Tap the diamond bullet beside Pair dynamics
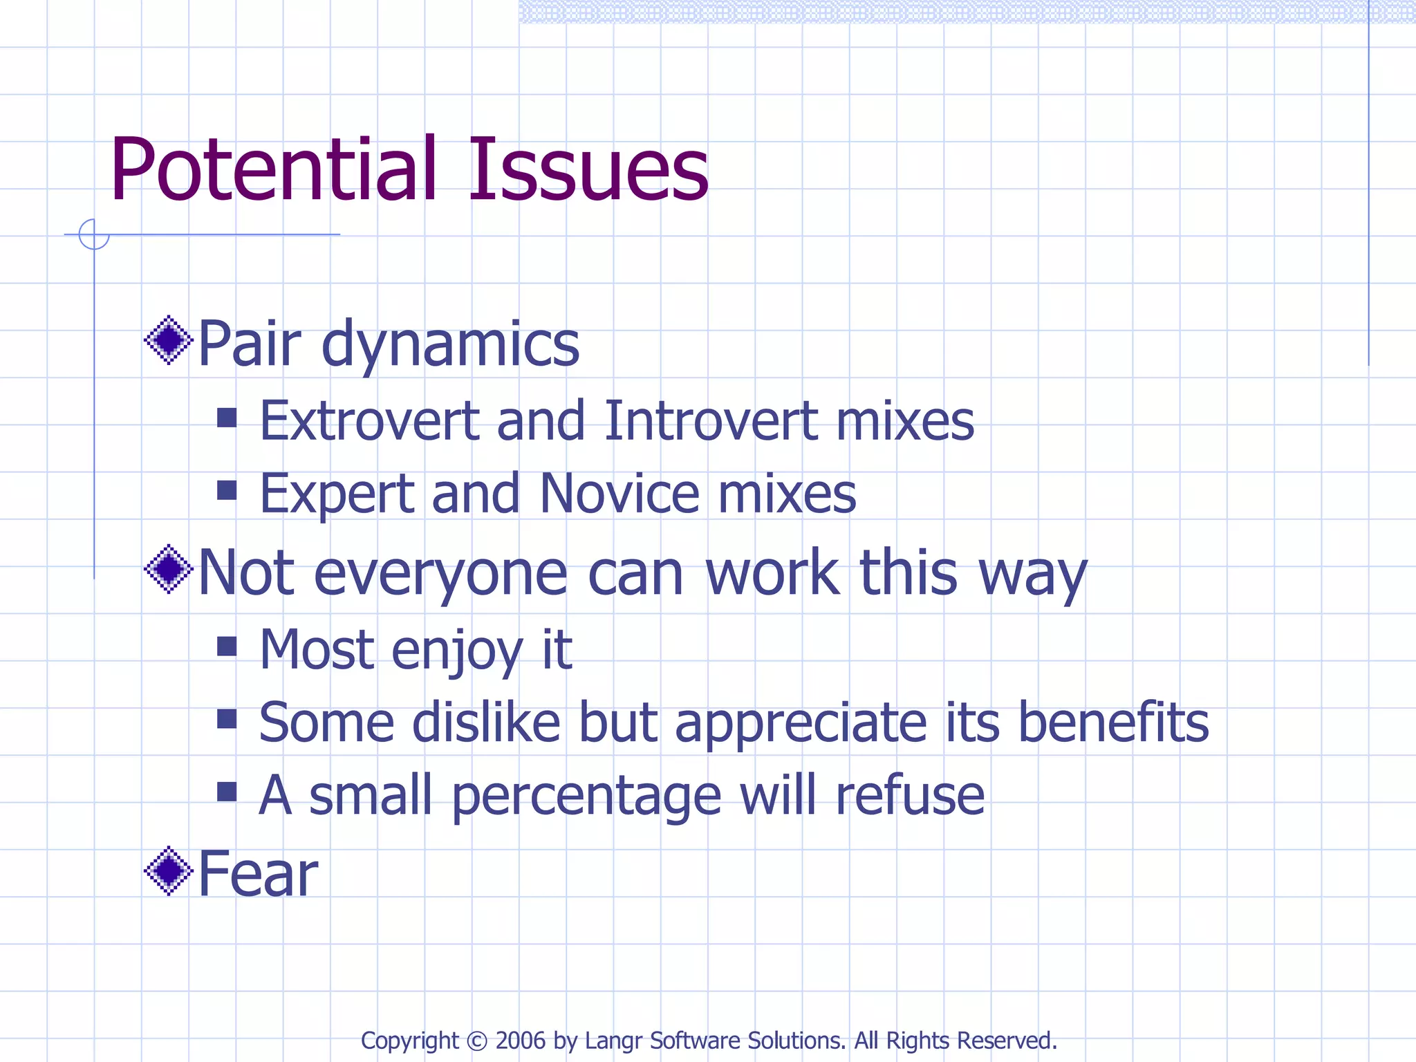click(168, 340)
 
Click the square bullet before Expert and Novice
click(227, 490)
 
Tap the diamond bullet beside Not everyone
click(168, 569)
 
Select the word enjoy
click(457, 651)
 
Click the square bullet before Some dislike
click(227, 719)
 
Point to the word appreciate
click(801, 723)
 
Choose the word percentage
click(587, 796)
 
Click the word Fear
click(258, 873)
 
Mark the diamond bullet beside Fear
click(168, 871)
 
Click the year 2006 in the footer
click(520, 1041)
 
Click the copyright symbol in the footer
click(477, 1041)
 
